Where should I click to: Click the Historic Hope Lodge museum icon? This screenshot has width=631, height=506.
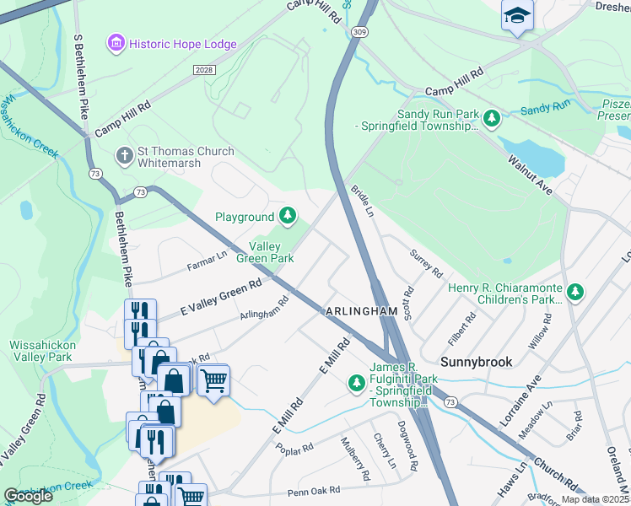[x=116, y=42]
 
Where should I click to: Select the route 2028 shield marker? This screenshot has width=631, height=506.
[x=203, y=69]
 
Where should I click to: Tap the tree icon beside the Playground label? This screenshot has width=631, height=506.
[x=289, y=217]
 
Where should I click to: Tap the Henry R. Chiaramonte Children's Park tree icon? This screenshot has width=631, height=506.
[x=575, y=293]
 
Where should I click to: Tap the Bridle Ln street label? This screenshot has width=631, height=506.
[x=362, y=201]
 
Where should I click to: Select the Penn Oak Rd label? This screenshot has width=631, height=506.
[x=313, y=490]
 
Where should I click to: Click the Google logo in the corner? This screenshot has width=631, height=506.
[x=28, y=496]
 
